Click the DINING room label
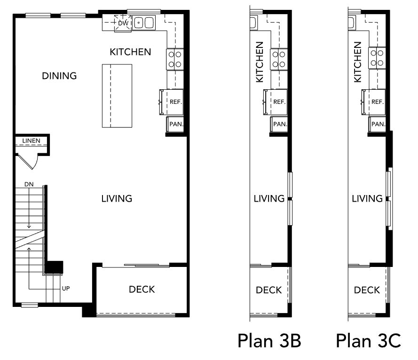[x=59, y=76]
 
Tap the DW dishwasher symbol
[x=123, y=23]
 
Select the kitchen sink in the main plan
[x=144, y=23]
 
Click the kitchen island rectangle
[x=117, y=96]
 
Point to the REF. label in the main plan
[x=176, y=102]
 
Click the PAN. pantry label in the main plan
[x=176, y=124]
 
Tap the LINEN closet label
[x=31, y=141]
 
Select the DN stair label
[x=29, y=184]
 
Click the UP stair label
[x=66, y=288]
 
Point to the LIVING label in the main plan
[x=117, y=198]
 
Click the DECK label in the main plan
[x=142, y=290]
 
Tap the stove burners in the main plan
[x=175, y=59]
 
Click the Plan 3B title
[x=269, y=341]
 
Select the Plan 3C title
[x=368, y=341]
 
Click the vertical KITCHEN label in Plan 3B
[x=260, y=62]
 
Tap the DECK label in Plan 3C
[x=367, y=290]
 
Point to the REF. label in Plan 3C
[x=378, y=102]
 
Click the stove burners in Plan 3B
[x=279, y=59]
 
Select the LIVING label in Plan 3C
[x=367, y=198]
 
